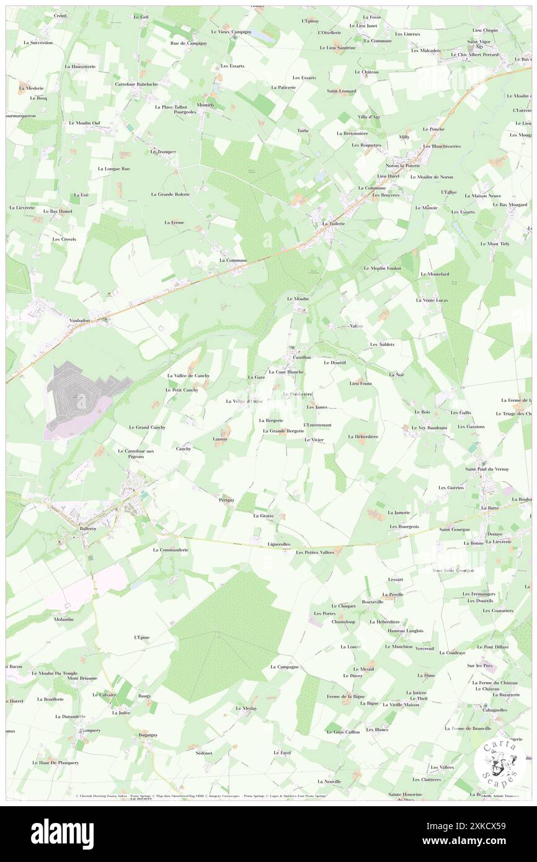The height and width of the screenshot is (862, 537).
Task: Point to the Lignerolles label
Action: tap(278, 544)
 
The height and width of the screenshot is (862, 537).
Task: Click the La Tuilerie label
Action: tap(332, 224)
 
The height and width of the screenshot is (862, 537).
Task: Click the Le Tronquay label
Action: tap(163, 152)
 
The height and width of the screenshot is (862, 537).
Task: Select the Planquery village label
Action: tap(87, 730)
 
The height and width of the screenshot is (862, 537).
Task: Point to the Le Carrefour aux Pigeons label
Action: tap(136, 453)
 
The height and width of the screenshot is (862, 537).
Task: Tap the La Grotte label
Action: tap(263, 515)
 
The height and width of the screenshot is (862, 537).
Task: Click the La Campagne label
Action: tap(285, 667)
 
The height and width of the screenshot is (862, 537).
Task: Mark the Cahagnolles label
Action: tap(492, 710)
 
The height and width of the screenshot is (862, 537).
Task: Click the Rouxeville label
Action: tap(372, 602)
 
